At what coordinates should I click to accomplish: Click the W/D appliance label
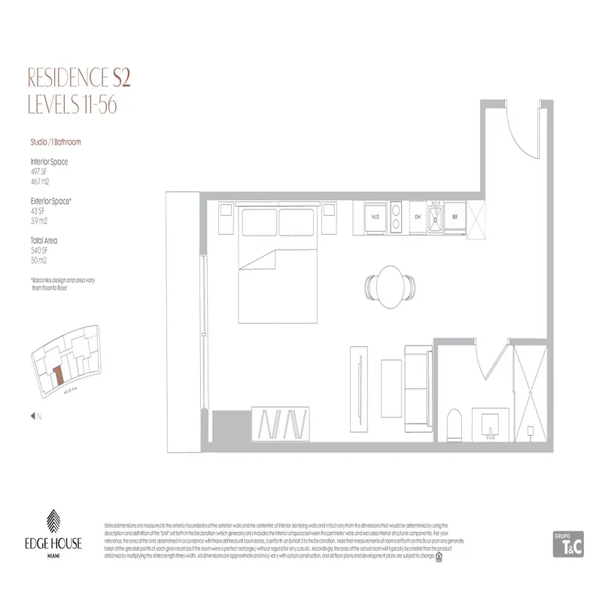click(x=374, y=217)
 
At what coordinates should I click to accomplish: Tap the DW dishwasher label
click(x=416, y=217)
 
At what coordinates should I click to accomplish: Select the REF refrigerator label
click(x=455, y=217)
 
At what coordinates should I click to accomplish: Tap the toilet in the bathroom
click(x=455, y=425)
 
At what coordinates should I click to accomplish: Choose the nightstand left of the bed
click(x=224, y=220)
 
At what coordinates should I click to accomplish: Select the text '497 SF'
click(x=38, y=170)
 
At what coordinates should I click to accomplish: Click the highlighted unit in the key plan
click(x=57, y=375)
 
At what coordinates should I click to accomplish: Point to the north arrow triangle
click(x=32, y=415)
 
